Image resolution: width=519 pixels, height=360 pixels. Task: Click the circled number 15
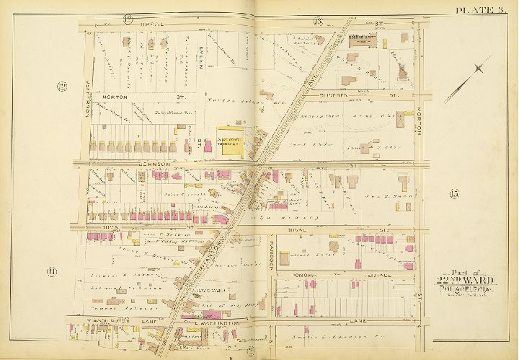coord(453,193)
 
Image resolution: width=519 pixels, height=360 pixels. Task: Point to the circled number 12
coord(63,88)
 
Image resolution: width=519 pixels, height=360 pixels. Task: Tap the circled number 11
coord(53,271)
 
